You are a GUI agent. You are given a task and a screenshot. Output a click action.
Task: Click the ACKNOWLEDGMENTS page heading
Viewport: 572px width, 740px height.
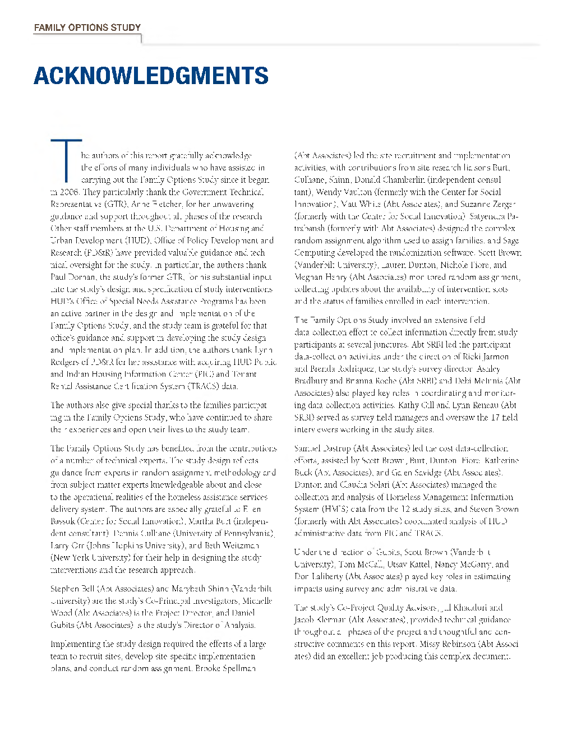151,76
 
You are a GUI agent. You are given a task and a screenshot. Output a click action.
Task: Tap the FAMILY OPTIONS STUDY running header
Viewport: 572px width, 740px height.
87,27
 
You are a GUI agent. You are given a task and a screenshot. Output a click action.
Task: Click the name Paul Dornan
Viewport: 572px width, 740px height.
73,277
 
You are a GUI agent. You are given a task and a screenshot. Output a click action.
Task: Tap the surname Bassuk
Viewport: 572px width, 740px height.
63,521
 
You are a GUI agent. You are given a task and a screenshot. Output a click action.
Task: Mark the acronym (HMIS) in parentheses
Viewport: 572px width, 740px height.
337,510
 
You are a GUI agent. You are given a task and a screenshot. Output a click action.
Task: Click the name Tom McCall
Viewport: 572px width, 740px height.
356,565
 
